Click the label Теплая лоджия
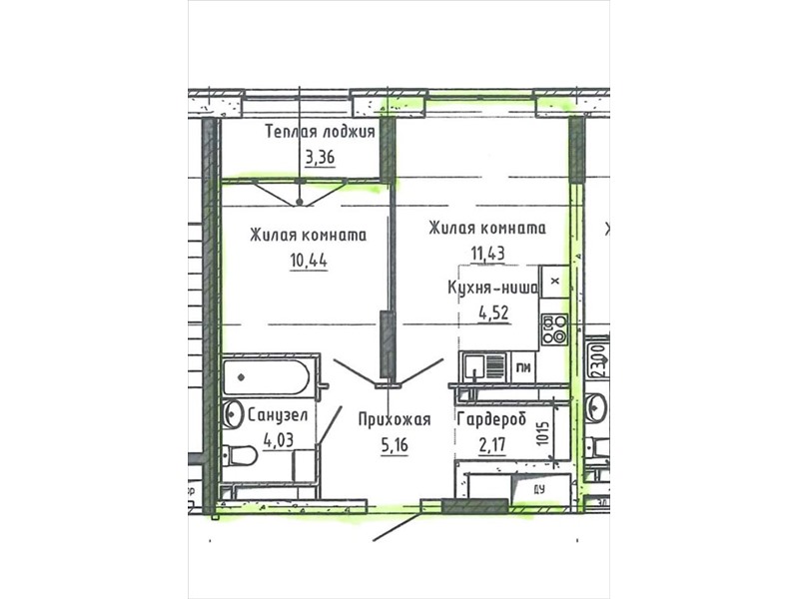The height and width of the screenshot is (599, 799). pyautogui.click(x=320, y=132)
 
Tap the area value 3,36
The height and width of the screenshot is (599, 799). pyautogui.click(x=320, y=158)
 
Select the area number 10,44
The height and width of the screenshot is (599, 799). pyautogui.click(x=309, y=261)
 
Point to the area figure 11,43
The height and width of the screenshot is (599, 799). pyautogui.click(x=487, y=254)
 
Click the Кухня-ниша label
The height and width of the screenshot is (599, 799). pyautogui.click(x=492, y=289)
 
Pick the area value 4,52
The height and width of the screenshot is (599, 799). pyautogui.click(x=493, y=312)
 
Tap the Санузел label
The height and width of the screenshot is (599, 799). pyautogui.click(x=278, y=415)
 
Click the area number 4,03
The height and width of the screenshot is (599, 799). pyautogui.click(x=279, y=439)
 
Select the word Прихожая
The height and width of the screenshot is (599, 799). pyautogui.click(x=395, y=419)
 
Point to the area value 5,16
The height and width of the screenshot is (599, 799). pyautogui.click(x=395, y=445)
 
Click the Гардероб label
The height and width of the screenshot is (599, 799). pyautogui.click(x=491, y=419)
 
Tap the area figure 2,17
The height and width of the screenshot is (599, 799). pyautogui.click(x=492, y=444)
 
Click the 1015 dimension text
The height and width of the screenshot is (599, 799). pyautogui.click(x=543, y=433)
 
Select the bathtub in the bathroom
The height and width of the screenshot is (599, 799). pyautogui.click(x=266, y=377)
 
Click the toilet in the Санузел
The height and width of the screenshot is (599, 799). pyautogui.click(x=240, y=455)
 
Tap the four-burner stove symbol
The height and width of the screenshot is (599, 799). pyautogui.click(x=554, y=329)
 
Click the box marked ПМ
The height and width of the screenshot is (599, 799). pyautogui.click(x=522, y=366)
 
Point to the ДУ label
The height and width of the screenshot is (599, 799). pyautogui.click(x=539, y=489)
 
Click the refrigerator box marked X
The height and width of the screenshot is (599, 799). pyautogui.click(x=555, y=282)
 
